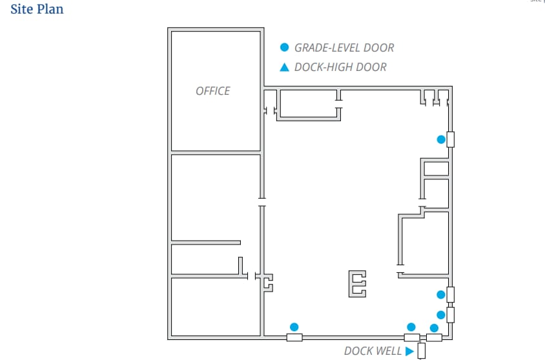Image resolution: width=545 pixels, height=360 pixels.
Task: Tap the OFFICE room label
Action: [212, 91]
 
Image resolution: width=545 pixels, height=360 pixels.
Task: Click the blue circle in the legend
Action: [284, 47]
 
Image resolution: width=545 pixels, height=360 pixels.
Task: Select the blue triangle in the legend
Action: [284, 67]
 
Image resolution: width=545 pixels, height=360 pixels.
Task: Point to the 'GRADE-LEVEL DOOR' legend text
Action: [344, 47]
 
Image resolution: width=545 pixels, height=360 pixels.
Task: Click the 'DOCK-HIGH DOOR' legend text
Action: [340, 67]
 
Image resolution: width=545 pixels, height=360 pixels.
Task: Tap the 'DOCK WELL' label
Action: [373, 351]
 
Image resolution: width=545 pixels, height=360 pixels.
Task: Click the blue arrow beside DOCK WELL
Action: [409, 351]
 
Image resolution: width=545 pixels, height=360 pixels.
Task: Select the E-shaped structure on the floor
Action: [358, 284]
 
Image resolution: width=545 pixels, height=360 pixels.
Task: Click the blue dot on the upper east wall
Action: [441, 139]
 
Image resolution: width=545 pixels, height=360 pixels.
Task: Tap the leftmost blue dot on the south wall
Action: [294, 326]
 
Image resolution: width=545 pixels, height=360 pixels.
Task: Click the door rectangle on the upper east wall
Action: [451, 139]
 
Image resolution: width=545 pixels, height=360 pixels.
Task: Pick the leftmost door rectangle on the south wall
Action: [294, 337]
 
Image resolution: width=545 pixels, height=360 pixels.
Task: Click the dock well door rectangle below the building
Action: [421, 351]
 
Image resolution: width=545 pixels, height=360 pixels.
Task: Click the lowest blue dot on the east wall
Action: [441, 315]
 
